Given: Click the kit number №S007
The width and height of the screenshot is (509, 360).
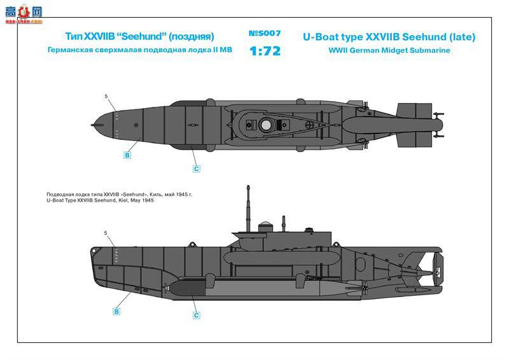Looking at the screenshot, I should pyautogui.click(x=264, y=33).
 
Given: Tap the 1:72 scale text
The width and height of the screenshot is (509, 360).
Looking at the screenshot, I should pyautogui.click(x=264, y=50).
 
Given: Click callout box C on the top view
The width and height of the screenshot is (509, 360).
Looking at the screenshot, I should pyautogui.click(x=197, y=169).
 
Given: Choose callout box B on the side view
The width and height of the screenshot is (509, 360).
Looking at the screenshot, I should pyautogui.click(x=116, y=312).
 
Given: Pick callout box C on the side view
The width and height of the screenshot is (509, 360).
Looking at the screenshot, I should pyautogui.click(x=197, y=315).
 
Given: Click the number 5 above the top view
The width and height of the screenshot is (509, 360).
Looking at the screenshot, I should pyautogui.click(x=106, y=97).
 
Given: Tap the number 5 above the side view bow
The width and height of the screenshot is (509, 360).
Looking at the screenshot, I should pyautogui.click(x=106, y=233).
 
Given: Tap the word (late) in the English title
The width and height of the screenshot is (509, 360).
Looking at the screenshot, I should pyautogui.click(x=461, y=37).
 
